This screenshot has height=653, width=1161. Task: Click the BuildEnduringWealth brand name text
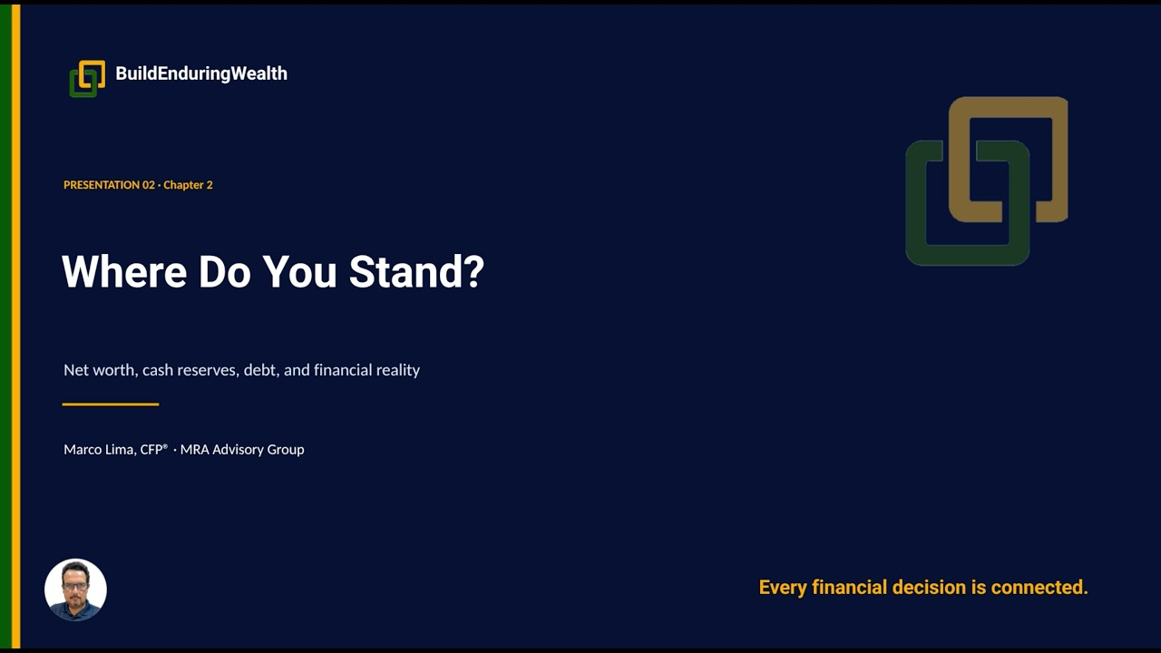tap(201, 73)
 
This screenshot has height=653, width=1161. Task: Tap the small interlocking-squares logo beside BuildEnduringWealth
tap(87, 79)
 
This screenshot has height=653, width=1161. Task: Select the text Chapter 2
tap(188, 185)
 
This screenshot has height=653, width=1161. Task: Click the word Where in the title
tap(124, 271)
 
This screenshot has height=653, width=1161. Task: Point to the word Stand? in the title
tap(416, 271)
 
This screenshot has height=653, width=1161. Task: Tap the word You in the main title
tap(300, 271)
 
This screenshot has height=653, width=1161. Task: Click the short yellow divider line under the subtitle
tap(111, 404)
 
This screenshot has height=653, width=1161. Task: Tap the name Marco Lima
tap(100, 449)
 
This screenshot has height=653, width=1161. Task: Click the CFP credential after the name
tap(154, 449)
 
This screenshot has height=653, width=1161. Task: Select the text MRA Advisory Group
tap(242, 449)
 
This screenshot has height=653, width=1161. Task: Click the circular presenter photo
tap(75, 590)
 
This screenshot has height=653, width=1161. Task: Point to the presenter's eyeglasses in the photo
tap(75, 587)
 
